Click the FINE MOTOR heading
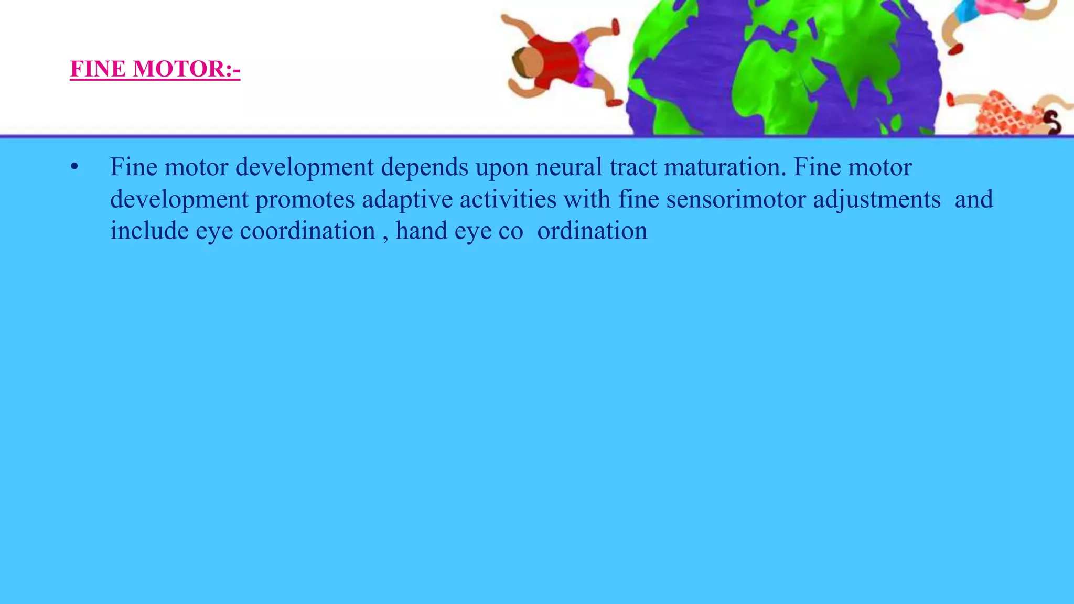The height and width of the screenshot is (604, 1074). [x=155, y=69]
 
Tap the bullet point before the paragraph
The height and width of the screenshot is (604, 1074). [x=74, y=167]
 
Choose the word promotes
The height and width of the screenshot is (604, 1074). [x=305, y=200]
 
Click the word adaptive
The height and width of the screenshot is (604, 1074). [x=407, y=200]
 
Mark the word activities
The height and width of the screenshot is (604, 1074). [x=508, y=199]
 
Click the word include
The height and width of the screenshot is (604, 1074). [x=149, y=231]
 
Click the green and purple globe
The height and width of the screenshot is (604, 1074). [x=784, y=68]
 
